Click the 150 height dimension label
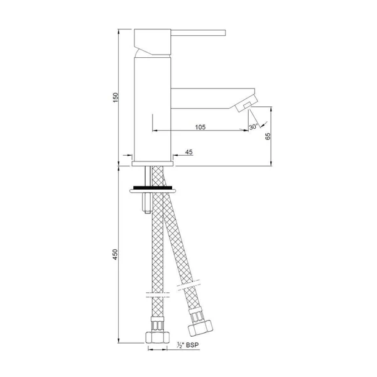116,97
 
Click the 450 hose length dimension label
116,254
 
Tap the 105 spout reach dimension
200,127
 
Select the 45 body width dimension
189,152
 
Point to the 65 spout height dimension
268,136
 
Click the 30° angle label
253,126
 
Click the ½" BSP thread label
188,345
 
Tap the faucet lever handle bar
198,33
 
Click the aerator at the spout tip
246,104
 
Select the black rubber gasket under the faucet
153,188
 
